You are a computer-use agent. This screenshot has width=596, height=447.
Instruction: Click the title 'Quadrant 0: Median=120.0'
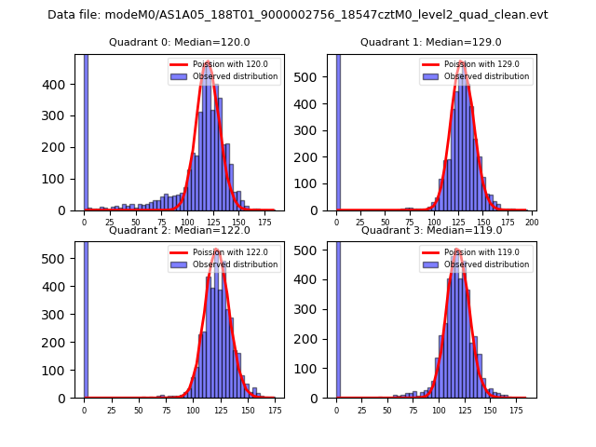(179, 42)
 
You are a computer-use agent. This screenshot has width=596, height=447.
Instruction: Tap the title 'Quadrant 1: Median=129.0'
(431, 42)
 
